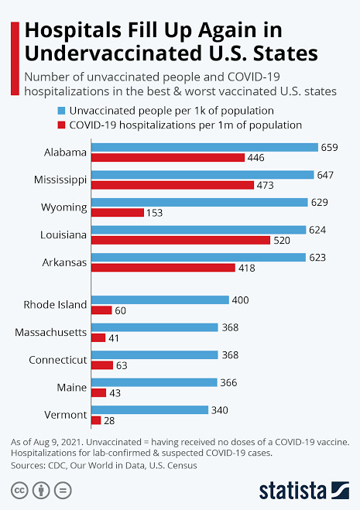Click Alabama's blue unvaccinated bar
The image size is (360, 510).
[204, 147]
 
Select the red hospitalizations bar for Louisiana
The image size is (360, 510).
[180, 240]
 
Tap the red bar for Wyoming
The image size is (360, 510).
[117, 212]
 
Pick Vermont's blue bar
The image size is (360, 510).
[149, 410]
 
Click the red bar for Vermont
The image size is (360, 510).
[96, 420]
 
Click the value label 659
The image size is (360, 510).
[331, 147]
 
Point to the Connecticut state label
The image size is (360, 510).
[58, 360]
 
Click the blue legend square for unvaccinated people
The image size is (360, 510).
[62, 109]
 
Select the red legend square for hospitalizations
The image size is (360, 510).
[62, 124]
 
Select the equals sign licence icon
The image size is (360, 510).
[64, 490]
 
